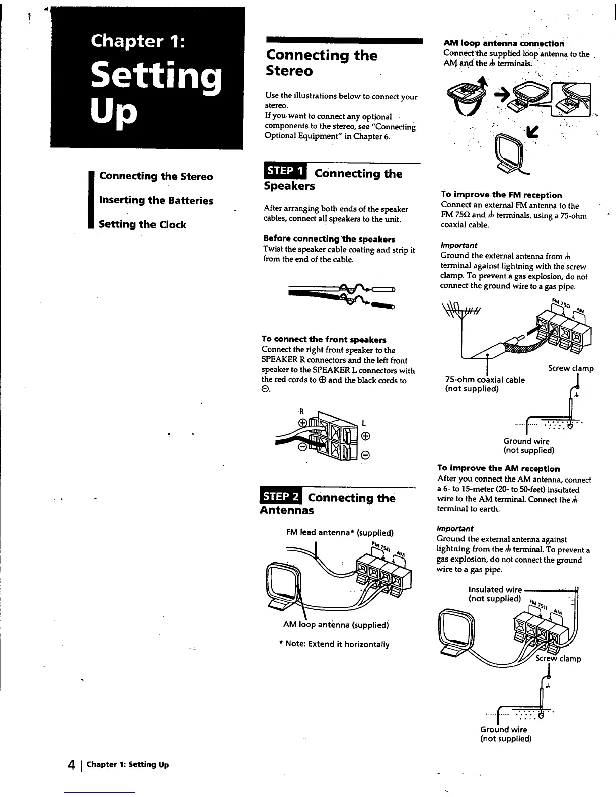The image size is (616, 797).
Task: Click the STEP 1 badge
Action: coord(285,171)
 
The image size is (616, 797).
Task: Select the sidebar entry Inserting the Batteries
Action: coord(156,200)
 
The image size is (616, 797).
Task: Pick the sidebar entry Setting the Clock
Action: coord(142,224)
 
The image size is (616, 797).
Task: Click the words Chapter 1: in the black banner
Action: coord(138,40)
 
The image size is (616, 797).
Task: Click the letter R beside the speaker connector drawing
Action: coord(302,410)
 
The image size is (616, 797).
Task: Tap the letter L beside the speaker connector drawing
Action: coord(363,422)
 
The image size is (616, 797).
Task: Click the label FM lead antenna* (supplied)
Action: coord(340,532)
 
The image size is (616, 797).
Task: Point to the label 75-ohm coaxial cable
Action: coord(485,380)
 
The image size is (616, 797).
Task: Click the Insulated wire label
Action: coord(495,589)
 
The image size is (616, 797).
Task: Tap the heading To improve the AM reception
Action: coord(498,468)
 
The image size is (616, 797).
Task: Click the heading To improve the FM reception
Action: coord(501,195)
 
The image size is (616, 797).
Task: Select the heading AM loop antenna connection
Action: coord(504,43)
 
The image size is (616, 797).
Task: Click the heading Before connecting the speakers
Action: coord(329,239)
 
